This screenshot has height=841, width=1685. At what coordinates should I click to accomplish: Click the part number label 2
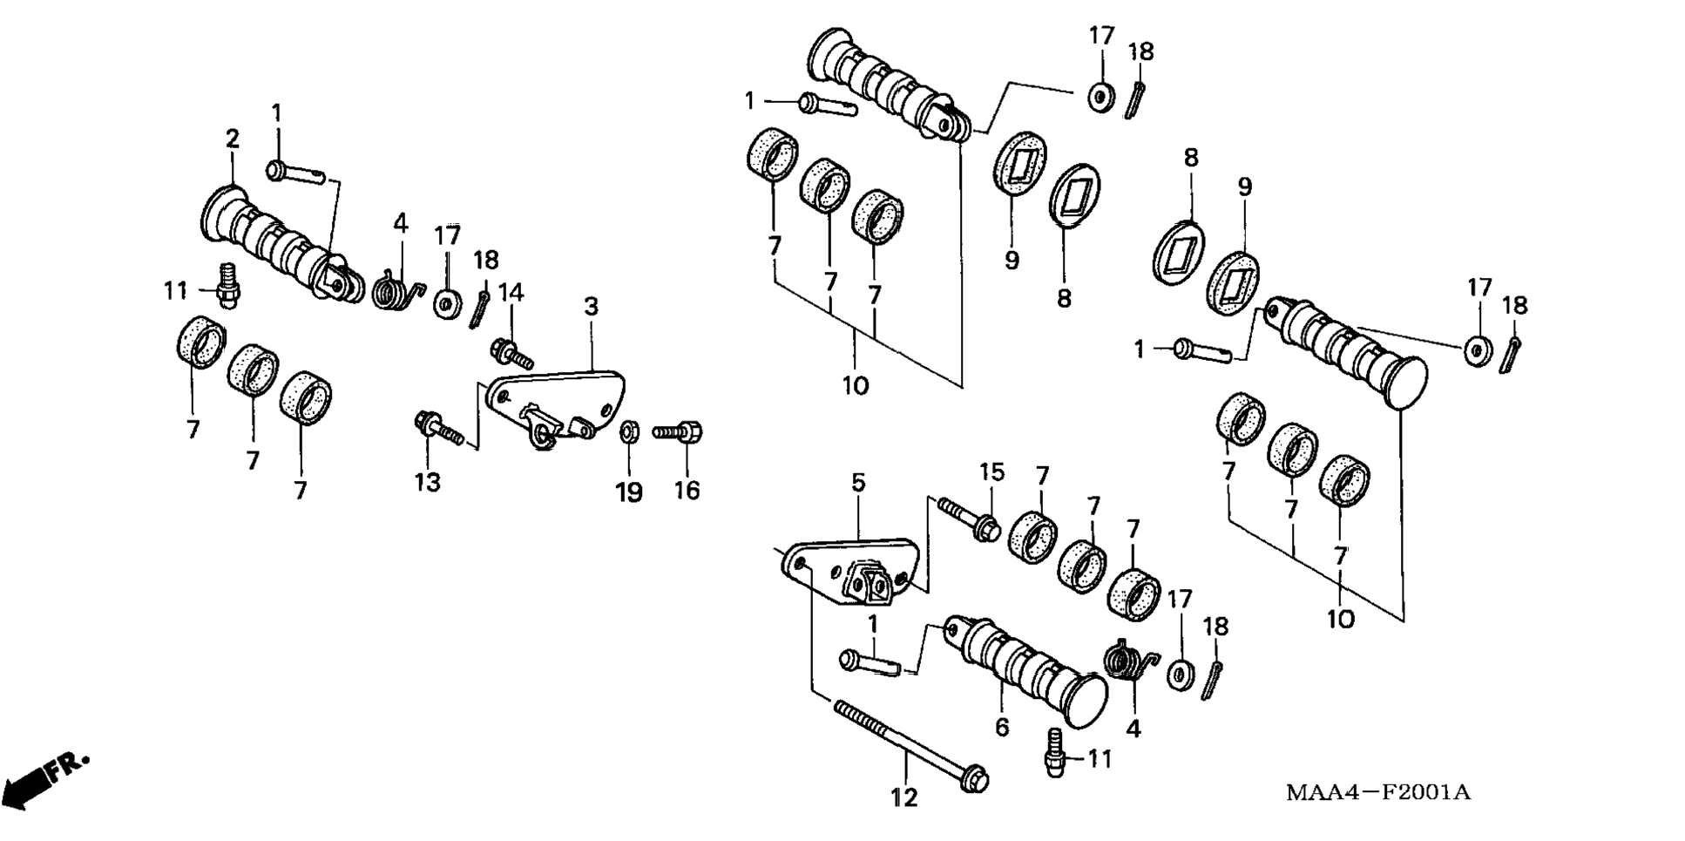[232, 139]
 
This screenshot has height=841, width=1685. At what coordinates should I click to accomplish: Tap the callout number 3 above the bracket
[591, 306]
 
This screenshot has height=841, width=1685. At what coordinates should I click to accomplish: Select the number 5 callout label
[858, 483]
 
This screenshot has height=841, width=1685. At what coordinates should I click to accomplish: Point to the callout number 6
[1002, 726]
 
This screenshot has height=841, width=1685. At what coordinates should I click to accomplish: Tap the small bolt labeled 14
[513, 352]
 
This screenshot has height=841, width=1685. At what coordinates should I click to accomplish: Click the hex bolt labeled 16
[679, 431]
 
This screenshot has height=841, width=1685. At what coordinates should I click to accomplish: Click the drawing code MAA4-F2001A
[1378, 792]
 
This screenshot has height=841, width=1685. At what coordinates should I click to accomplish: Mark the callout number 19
[629, 492]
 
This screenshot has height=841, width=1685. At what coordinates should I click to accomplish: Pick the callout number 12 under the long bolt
[904, 797]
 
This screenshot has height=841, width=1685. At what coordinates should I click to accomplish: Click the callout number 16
[687, 491]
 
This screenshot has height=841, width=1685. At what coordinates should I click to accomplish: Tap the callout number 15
[991, 471]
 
